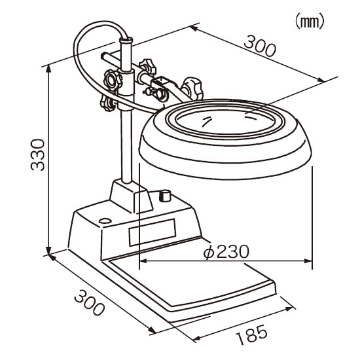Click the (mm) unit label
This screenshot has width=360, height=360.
(309, 21)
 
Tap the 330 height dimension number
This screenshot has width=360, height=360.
(37, 155)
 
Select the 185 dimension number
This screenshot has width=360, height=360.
(251, 334)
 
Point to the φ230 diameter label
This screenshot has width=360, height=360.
(226, 252)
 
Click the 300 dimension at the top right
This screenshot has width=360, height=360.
(259, 46)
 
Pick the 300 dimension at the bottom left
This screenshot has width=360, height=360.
(89, 302)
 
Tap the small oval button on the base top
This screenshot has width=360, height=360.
(105, 221)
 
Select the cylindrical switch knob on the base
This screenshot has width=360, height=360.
(165, 196)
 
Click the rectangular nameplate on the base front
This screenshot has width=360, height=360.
(153, 232)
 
